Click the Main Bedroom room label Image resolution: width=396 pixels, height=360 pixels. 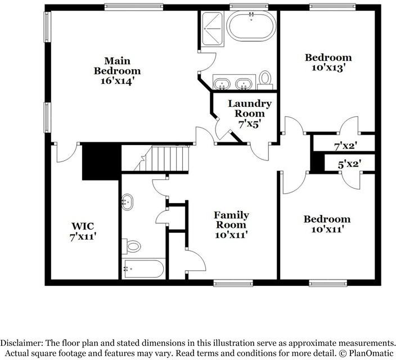coord(117,66)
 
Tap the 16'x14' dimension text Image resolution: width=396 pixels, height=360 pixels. coord(117,81)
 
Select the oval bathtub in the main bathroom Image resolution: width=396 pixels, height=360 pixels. coord(251,27)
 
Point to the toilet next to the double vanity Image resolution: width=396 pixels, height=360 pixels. coord(265,79)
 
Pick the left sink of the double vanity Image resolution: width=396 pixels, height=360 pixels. coord(223,84)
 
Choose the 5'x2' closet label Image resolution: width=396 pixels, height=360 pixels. coord(349,164)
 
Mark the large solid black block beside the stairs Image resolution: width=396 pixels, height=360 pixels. coord(101,161)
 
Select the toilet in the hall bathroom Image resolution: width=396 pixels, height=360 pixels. coord(133,246)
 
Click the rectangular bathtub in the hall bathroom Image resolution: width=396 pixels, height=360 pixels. coord(143,269)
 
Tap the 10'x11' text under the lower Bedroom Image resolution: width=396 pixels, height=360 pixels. coord(327,229)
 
